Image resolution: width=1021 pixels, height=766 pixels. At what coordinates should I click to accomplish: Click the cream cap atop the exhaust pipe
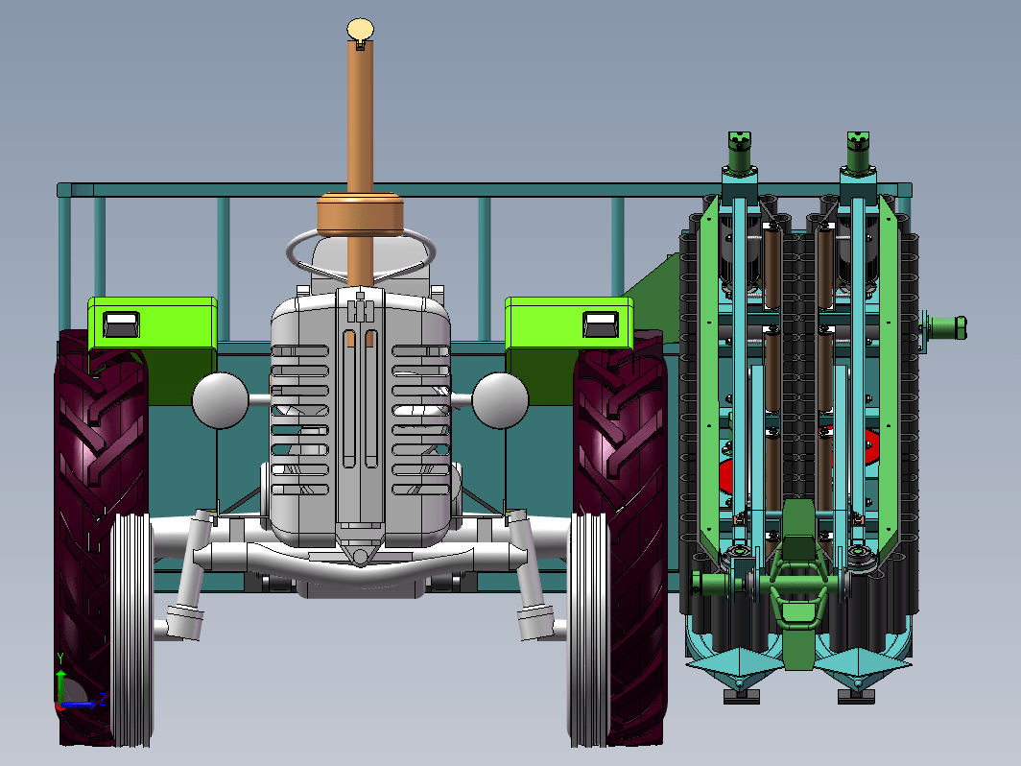pos(360,30)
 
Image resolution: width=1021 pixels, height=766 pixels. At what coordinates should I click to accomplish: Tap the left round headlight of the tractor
pos(220,400)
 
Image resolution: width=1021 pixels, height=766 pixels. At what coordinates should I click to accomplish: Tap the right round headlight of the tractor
pos(500,400)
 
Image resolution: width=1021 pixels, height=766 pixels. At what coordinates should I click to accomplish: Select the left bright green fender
pos(153,324)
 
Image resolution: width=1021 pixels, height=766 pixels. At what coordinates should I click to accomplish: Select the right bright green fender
pos(569,324)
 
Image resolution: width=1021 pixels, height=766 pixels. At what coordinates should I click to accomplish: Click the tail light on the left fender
pos(121,324)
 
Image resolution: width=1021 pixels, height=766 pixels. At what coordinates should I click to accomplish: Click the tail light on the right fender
pos(601,324)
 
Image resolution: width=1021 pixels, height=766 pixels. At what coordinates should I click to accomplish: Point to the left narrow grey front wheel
pos(132,630)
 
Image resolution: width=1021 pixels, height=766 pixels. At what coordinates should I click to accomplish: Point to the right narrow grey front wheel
pos(589,630)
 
